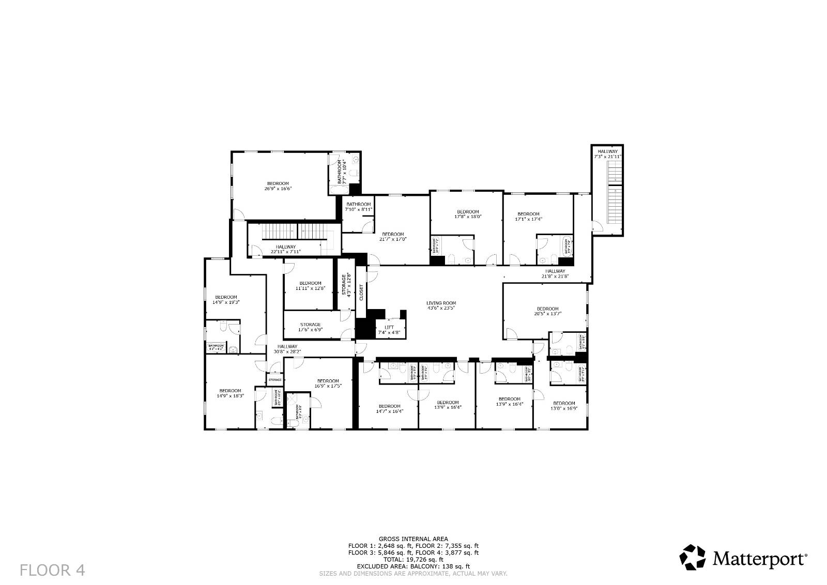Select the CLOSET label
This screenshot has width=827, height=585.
tap(361, 292)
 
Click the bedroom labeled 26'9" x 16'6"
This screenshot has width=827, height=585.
tap(278, 186)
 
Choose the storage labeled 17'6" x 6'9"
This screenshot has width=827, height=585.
tap(310, 327)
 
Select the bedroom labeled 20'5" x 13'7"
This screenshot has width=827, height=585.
tap(547, 311)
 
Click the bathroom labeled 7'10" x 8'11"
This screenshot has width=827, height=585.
tap(359, 207)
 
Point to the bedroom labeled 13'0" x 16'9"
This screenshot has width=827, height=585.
tap(564, 406)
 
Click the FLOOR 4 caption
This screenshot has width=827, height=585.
tap(52, 570)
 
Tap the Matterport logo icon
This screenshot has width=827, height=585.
tap(692, 558)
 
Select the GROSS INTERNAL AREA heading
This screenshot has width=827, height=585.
tap(413, 538)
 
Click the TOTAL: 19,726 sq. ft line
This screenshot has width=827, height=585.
tap(413, 559)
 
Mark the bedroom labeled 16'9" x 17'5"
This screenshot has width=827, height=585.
tap(328, 383)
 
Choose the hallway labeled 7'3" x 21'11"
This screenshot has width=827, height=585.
tap(607, 154)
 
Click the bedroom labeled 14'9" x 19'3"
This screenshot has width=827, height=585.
tap(226, 300)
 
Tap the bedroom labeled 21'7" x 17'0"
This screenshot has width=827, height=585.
tap(393, 237)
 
